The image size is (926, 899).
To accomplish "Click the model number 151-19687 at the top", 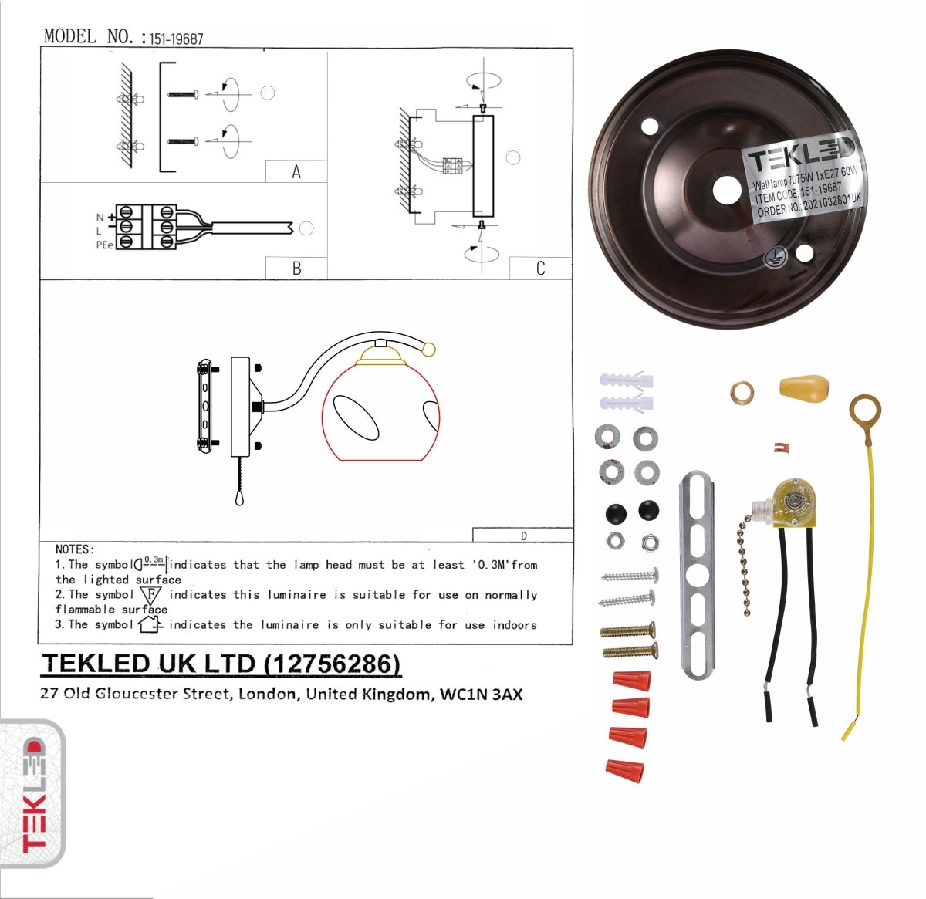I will tap(177, 39).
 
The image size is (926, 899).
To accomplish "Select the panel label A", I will tap(296, 172).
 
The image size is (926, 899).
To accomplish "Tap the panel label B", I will tap(296, 269).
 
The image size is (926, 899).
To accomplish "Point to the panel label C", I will tap(540, 269).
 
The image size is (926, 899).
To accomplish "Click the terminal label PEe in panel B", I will tap(103, 244).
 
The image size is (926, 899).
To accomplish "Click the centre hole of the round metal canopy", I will tap(726, 190).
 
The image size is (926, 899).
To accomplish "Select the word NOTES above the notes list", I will tap(75, 549).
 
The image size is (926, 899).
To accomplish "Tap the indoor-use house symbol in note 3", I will tap(149, 624).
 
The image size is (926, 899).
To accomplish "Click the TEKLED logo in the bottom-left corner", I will tap(33, 795).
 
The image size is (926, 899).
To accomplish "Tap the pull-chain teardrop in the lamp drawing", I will tap(239, 499).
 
